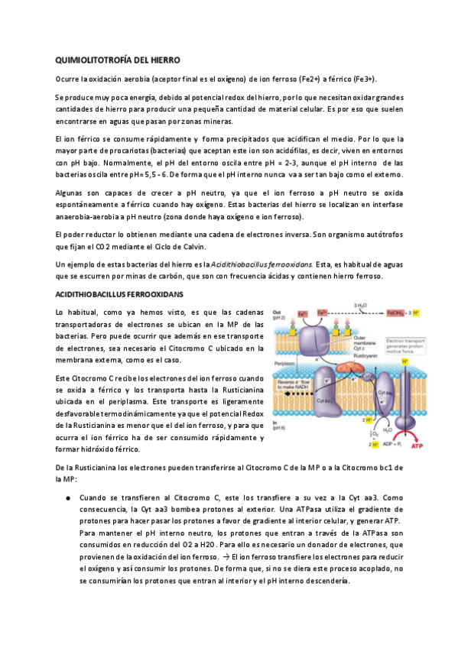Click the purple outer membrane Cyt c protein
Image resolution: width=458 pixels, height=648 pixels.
tap(312, 339)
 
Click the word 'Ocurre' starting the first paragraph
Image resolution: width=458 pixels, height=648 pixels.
tap(67, 79)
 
